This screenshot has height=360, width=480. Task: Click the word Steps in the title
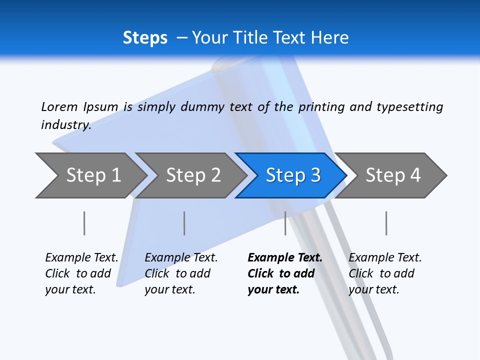145,37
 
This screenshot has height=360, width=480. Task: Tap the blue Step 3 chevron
293,175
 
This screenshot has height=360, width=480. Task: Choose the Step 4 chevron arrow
393,175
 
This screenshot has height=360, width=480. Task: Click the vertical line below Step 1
84,223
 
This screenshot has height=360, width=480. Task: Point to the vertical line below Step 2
184,223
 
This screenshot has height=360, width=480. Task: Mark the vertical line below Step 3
285,223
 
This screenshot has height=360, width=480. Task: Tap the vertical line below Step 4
386,223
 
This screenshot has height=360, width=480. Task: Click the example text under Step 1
81,273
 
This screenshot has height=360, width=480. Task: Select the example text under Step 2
181,273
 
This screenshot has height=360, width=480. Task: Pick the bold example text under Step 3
285,273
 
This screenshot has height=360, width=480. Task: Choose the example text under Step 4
385,273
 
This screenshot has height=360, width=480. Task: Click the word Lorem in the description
59,106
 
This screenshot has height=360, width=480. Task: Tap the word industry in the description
66,124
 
